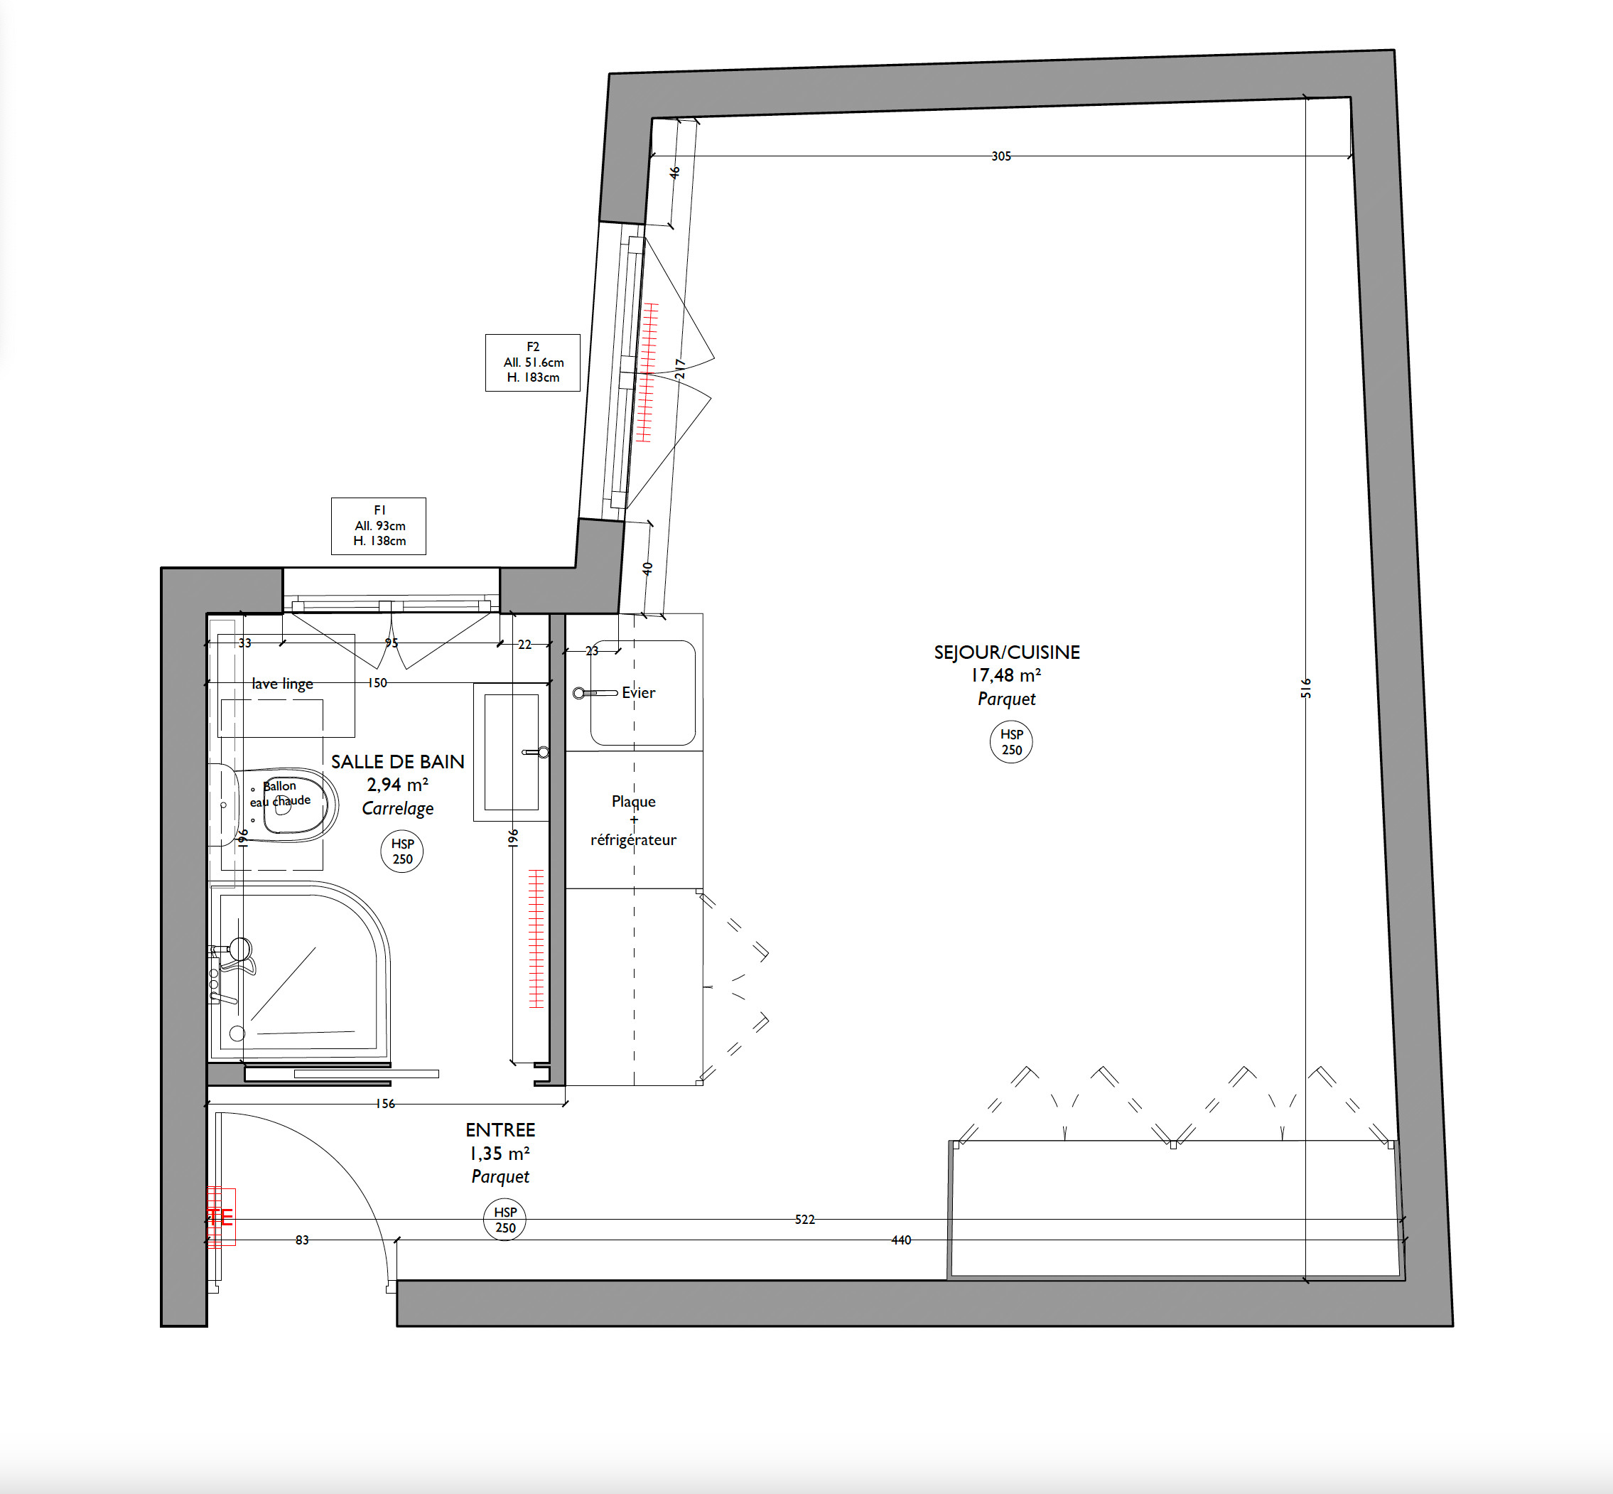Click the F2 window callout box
point(532,362)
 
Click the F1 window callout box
point(378,525)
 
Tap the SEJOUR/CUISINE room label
point(1007,652)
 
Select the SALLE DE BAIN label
point(398,761)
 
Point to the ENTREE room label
point(500,1129)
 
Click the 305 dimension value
point(1001,156)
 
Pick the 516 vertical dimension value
point(1306,688)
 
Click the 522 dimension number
point(805,1219)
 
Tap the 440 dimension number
point(901,1240)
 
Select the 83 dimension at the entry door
point(302,1240)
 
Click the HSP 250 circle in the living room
point(1012,741)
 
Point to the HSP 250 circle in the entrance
point(505,1220)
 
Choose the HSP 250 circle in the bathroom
point(402,851)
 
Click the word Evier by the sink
point(638,692)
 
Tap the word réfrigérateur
point(634,839)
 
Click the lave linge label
point(282,684)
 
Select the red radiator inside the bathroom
point(536,939)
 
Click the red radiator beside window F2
point(647,372)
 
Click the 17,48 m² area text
point(1006,675)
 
